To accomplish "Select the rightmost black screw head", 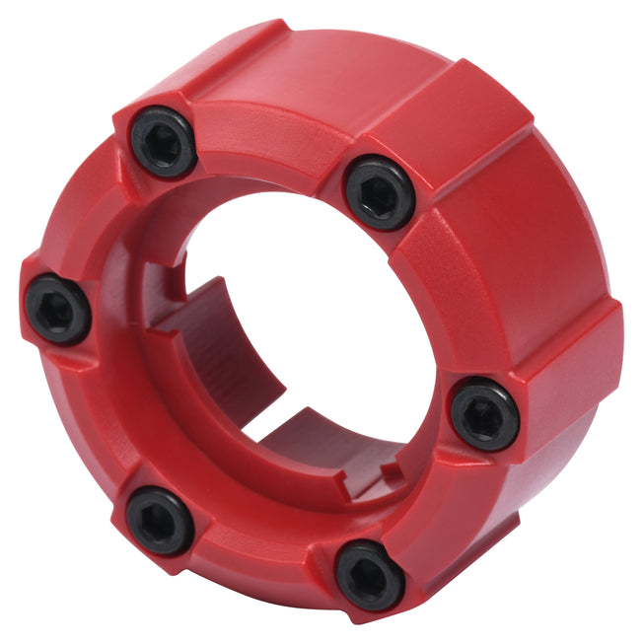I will pos(484,415).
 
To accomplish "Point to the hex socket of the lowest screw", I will pos(369,575).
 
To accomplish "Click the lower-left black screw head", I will pos(160,520).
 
